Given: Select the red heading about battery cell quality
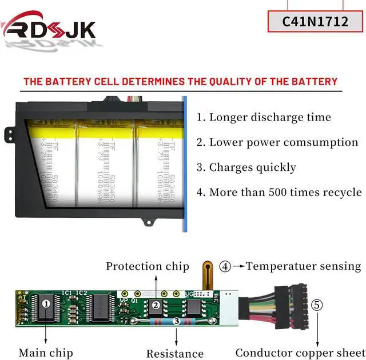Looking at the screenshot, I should tap(180, 81).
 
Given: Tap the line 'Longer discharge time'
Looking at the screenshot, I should tap(264, 117).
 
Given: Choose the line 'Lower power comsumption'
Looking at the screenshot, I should tap(277, 142).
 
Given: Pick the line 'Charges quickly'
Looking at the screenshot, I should tap(246, 167).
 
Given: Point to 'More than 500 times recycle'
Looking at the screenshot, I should tap(279, 192).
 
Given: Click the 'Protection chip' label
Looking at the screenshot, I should tap(147, 266).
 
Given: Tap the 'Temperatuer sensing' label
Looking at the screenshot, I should tap(303, 266).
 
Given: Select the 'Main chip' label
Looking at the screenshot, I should tap(45, 353).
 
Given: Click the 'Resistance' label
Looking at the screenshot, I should tap(174, 354).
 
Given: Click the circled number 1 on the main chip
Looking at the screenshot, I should tap(46, 304).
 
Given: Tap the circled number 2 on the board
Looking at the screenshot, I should tap(156, 305).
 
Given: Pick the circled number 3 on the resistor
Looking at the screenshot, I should tap(177, 322).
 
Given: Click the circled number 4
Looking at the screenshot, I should tap(226, 266).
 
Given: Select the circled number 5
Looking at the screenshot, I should tap(317, 305).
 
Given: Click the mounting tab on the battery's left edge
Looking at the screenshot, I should tap(9, 135).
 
